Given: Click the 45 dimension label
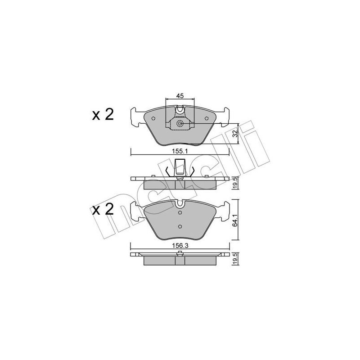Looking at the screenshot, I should (180, 95).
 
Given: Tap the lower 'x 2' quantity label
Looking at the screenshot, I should (103, 210).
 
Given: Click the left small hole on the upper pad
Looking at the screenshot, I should (153, 119).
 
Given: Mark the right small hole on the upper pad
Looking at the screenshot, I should (207, 119).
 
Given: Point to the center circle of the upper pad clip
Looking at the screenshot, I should (180, 124).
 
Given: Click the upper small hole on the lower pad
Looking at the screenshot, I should (180, 214).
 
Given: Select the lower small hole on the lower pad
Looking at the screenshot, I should (180, 226).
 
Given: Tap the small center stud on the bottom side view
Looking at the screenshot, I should (180, 255).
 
